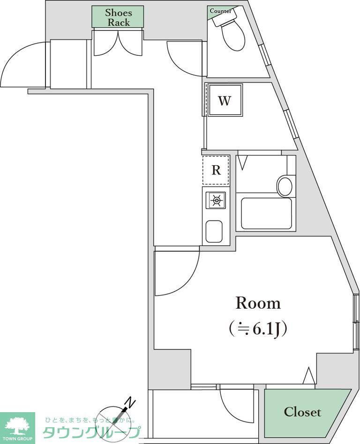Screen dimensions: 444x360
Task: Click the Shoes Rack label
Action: [118, 17]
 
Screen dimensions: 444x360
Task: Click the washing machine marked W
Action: [225, 101]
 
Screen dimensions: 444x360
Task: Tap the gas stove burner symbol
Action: [216, 201]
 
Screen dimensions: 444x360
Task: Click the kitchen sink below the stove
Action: [214, 231]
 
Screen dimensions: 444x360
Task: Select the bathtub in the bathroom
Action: [266, 214]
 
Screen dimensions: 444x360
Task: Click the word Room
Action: [258, 303]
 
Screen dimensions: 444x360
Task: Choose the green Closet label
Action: [302, 412]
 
